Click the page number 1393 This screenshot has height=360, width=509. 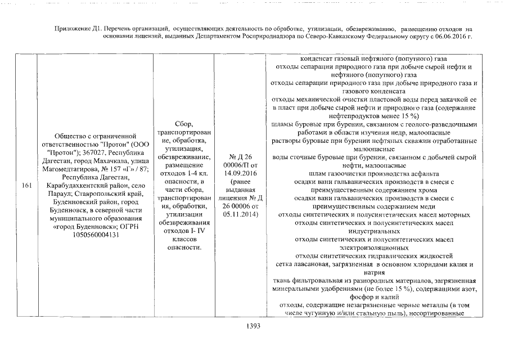coord(254,325)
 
